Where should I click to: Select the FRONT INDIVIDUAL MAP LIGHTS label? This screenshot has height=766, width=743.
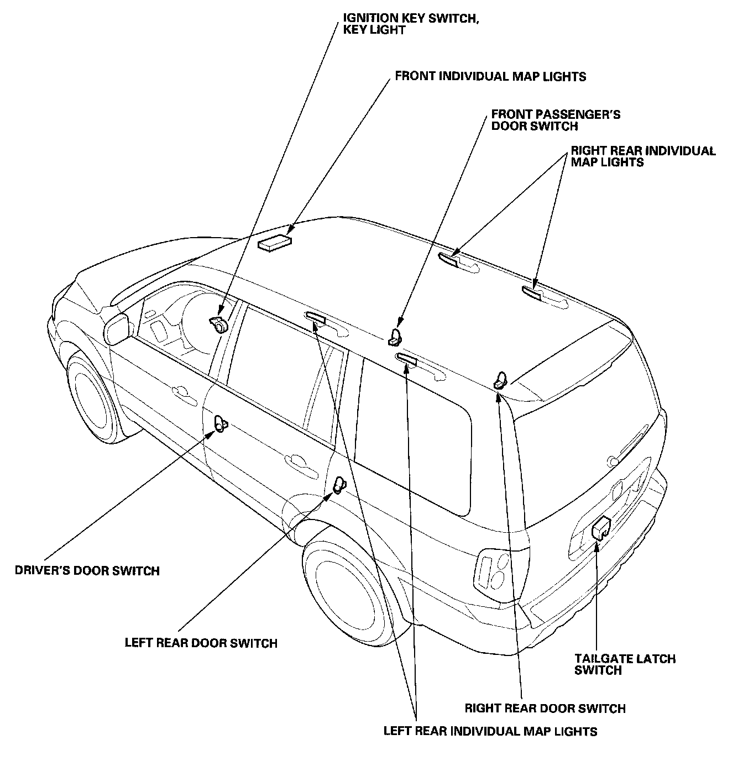(490, 76)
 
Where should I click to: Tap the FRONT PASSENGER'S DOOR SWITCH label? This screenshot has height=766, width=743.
(556, 120)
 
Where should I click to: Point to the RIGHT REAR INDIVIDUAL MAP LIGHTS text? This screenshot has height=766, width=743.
(643, 156)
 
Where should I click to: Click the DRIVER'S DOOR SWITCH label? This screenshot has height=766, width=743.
(87, 571)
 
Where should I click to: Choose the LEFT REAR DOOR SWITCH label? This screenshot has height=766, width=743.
(201, 643)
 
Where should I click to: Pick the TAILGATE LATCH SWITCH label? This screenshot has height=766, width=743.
(625, 664)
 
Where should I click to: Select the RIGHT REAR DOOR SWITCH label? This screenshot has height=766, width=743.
(545, 708)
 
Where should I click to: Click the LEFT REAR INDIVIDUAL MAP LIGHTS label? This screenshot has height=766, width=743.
(490, 731)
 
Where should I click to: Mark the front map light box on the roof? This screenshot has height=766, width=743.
(275, 243)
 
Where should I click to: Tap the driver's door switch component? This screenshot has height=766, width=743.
(221, 424)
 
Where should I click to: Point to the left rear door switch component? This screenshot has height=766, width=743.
(339, 485)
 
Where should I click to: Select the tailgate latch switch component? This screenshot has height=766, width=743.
(600, 528)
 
